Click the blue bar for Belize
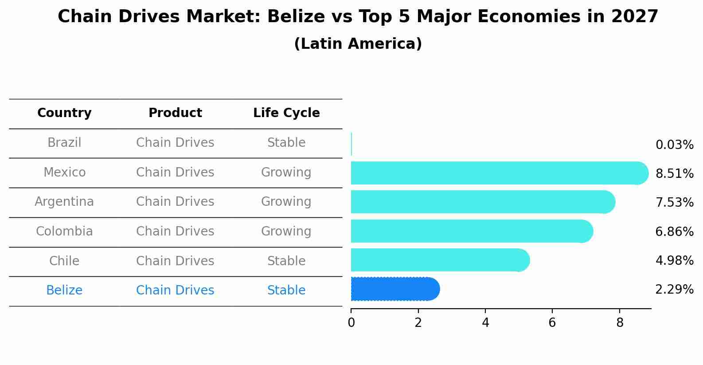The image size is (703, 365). point(394,289)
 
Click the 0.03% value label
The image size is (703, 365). point(674,145)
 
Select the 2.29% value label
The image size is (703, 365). point(674,290)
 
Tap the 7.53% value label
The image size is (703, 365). point(674,203)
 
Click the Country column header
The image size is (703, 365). point(64,113)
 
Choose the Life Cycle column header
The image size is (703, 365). point(286,113)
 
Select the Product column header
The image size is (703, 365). point(175,113)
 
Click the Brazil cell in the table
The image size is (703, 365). point(64,143)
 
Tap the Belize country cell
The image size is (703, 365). point(64,290)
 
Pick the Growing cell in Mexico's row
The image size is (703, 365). point(286,173)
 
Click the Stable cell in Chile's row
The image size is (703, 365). point(286,261)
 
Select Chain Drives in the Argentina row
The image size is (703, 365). point(175,202)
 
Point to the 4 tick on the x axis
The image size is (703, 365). point(485,323)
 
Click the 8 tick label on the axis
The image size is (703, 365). point(620,323)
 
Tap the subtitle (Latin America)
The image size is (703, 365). point(358,44)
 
